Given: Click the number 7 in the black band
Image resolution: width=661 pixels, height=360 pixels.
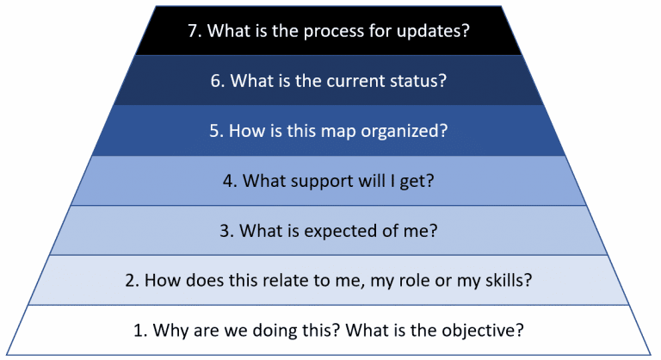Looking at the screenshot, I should coord(193,31).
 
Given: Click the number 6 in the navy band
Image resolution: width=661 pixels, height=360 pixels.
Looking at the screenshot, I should coord(217,81).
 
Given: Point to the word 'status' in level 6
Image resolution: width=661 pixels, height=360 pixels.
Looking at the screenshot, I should coord(421,81).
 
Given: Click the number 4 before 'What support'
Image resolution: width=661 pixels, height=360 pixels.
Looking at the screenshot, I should coord(228,181).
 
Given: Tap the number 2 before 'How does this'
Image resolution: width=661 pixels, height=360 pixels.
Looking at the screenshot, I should coord(128,281).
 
